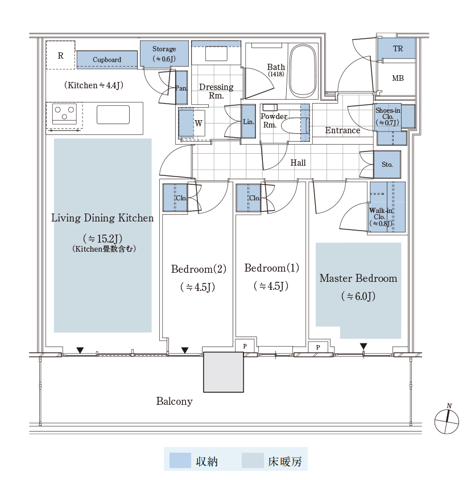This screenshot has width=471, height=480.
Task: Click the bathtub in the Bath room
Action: (303, 71)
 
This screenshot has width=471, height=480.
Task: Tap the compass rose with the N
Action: (447, 421)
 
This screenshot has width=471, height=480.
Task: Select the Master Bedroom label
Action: (358, 278)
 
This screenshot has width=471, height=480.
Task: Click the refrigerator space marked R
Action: (60, 55)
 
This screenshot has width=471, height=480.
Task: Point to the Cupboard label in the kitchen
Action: (107, 59)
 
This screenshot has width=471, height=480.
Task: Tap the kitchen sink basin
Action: (113, 114)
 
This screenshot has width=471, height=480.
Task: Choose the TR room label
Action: (398, 48)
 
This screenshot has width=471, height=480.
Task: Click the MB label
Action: (398, 79)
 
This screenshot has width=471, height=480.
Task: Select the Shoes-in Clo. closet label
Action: (388, 117)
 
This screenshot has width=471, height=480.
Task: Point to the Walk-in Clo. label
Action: (381, 217)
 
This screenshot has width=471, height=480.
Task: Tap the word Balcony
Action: (174, 401)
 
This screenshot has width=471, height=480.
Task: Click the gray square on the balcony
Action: (224, 372)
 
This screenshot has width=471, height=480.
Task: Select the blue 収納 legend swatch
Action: (180, 461)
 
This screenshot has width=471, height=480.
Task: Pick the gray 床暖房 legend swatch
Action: (253, 461)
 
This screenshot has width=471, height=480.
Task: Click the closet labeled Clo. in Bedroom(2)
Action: (175, 198)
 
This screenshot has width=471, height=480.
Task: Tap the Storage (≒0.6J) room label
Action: (164, 54)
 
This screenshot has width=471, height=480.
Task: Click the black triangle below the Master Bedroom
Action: (363, 347)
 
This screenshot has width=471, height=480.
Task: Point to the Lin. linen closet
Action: (249, 121)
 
